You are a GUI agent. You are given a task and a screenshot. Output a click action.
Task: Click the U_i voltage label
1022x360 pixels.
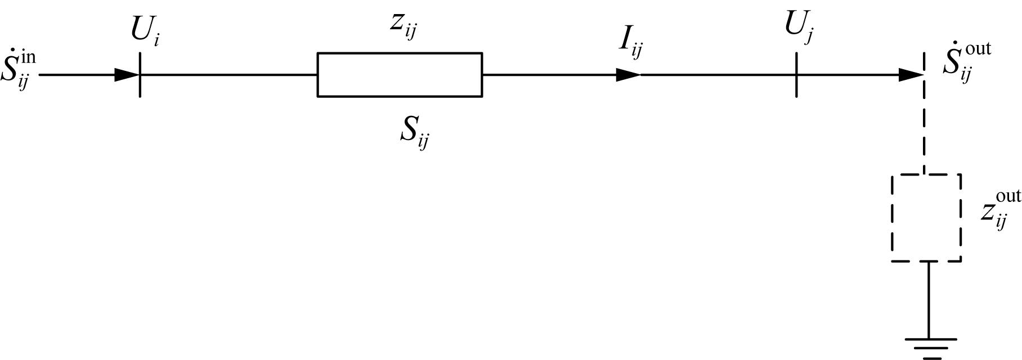(x=145, y=31)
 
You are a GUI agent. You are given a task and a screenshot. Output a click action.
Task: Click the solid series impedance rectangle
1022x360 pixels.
(x=400, y=53)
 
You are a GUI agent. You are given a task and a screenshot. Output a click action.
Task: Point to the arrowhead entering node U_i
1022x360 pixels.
(x=127, y=74)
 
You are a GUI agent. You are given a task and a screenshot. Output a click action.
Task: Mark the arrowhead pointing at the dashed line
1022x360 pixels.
(x=911, y=74)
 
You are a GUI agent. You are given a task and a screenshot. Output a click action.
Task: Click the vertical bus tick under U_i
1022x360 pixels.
(x=140, y=74)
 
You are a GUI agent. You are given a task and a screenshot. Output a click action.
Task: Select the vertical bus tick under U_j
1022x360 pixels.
(x=796, y=74)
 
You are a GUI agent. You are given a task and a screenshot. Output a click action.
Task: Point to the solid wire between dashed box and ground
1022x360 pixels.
(x=929, y=300)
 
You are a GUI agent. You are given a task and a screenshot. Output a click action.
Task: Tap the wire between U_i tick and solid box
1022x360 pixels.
(x=228, y=74)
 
